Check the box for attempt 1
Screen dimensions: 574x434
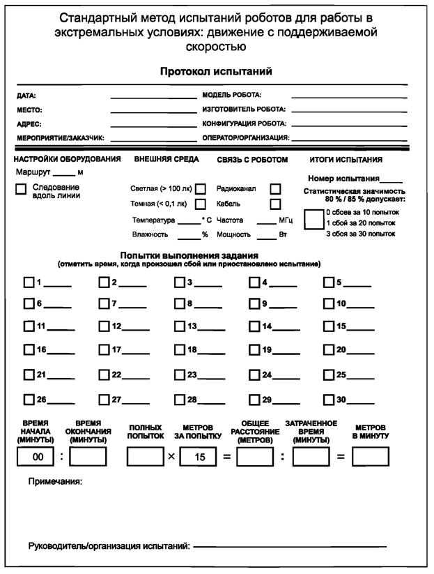29,282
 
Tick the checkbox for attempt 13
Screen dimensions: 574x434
180,326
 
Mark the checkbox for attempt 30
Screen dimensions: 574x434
330,400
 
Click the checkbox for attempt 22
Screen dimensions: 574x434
104,375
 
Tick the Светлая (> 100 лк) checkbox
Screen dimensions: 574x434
201,189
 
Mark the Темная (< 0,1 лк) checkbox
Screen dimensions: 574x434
201,204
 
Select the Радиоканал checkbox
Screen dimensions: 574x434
275,188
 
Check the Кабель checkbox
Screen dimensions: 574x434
275,204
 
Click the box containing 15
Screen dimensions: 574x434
199,457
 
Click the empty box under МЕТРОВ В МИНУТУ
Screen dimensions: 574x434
370,457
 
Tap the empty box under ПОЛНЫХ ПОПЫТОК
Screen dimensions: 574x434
145,457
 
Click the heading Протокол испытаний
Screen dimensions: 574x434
216,71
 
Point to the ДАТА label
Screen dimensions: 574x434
26,96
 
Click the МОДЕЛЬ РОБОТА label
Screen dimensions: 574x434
231,95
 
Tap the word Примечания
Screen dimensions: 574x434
55,481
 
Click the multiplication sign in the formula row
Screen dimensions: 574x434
171,458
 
